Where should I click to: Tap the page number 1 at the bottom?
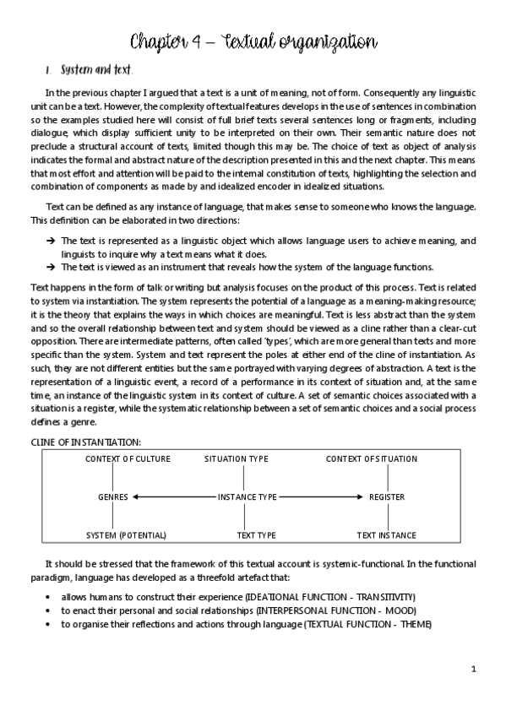click(474, 669)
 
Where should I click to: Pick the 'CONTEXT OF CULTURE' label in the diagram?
click(128, 459)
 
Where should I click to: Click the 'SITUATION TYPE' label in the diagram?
click(237, 459)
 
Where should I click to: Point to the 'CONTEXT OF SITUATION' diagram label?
click(372, 459)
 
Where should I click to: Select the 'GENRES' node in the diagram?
click(112, 497)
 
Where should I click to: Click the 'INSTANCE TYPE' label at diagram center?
click(247, 497)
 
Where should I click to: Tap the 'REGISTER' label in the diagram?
click(387, 497)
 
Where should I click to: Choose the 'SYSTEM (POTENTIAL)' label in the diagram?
click(127, 535)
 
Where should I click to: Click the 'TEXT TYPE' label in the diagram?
click(256, 535)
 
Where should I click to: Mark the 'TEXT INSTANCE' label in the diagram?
click(386, 535)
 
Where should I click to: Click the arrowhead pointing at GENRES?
click(136, 497)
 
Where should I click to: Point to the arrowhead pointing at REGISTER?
click(362, 497)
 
